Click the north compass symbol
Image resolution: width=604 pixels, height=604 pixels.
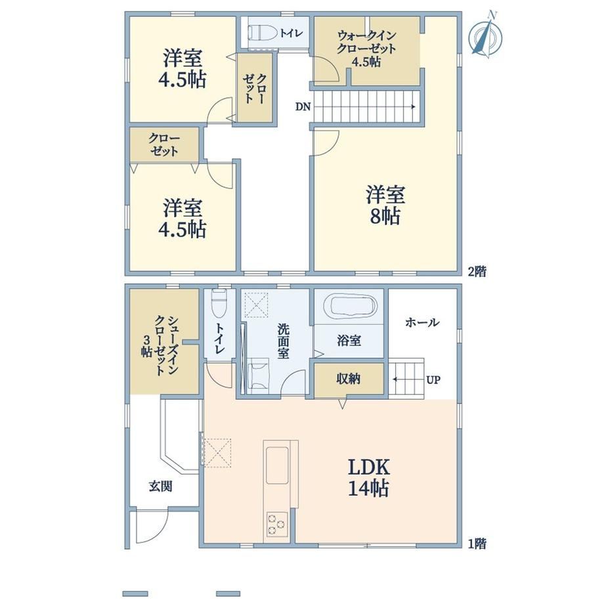tap(485, 35)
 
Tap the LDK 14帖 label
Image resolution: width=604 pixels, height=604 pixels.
tap(369, 478)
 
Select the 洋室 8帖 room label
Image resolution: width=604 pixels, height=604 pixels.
tap(385, 205)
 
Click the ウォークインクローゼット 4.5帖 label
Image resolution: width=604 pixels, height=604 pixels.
tap(366, 49)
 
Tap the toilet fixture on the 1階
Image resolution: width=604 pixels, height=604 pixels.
tap(219, 303)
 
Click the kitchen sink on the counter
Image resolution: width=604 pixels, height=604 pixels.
tap(277, 465)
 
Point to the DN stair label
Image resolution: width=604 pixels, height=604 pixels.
tap(303, 107)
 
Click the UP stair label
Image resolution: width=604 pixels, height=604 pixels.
tap(433, 380)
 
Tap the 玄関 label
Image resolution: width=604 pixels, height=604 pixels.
tap(160, 486)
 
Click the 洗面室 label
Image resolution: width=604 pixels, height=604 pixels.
tap(283, 341)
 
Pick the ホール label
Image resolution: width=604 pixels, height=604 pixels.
tap(421, 322)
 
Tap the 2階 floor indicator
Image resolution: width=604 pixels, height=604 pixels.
tap(477, 272)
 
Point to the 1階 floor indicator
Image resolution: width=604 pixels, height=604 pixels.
tap(477, 544)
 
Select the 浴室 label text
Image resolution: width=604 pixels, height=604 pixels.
tap(349, 341)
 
